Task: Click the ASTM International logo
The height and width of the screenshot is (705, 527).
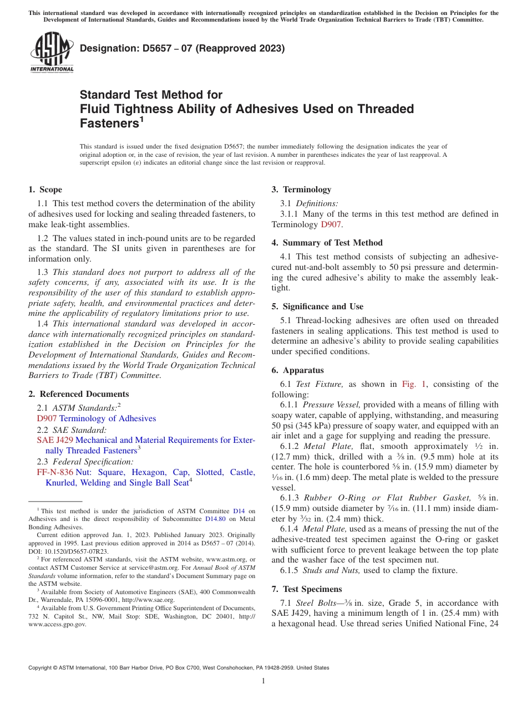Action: coord(52,53)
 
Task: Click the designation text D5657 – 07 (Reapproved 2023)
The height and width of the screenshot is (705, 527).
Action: coord(182,48)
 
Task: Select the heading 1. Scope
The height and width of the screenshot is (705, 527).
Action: coord(45,190)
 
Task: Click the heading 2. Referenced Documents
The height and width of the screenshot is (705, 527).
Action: coord(79,394)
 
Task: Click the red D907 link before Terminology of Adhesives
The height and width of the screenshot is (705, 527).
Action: coord(47,418)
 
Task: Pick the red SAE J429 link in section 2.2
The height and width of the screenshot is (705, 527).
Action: coord(54,440)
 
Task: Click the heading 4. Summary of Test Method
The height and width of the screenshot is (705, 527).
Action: coord(327,243)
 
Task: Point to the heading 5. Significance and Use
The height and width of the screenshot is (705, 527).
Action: coord(317,306)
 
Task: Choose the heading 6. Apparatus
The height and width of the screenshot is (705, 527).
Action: coord(298,370)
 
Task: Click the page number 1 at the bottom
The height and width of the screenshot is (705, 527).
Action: coord(263,681)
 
